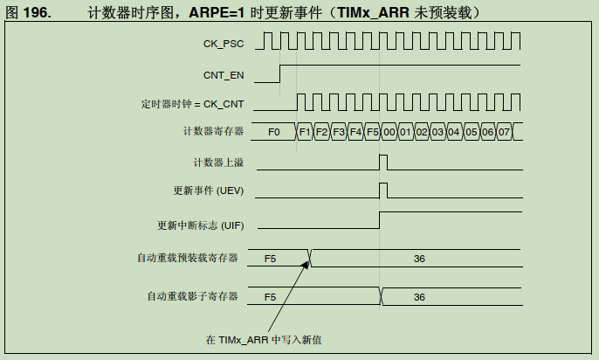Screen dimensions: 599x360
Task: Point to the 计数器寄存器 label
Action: [210, 131]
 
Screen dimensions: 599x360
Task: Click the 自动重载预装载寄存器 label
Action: [187, 258]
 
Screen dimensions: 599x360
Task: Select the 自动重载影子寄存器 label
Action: [192, 296]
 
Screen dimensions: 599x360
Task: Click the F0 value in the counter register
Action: [274, 132]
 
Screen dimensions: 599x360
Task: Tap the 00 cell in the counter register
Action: [389, 132]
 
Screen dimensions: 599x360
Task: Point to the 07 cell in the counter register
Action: [505, 132]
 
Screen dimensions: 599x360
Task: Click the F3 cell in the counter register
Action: [338, 132]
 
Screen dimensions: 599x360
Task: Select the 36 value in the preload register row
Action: [419, 259]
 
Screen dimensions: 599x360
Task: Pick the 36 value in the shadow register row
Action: [419, 297]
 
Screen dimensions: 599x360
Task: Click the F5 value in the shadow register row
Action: [271, 297]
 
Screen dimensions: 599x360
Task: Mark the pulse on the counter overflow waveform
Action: [383, 162]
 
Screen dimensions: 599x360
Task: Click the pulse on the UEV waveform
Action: [383, 190]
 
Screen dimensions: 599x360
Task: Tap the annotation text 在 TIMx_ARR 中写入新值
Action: [264, 340]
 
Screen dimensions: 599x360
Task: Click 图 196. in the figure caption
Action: [27, 13]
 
